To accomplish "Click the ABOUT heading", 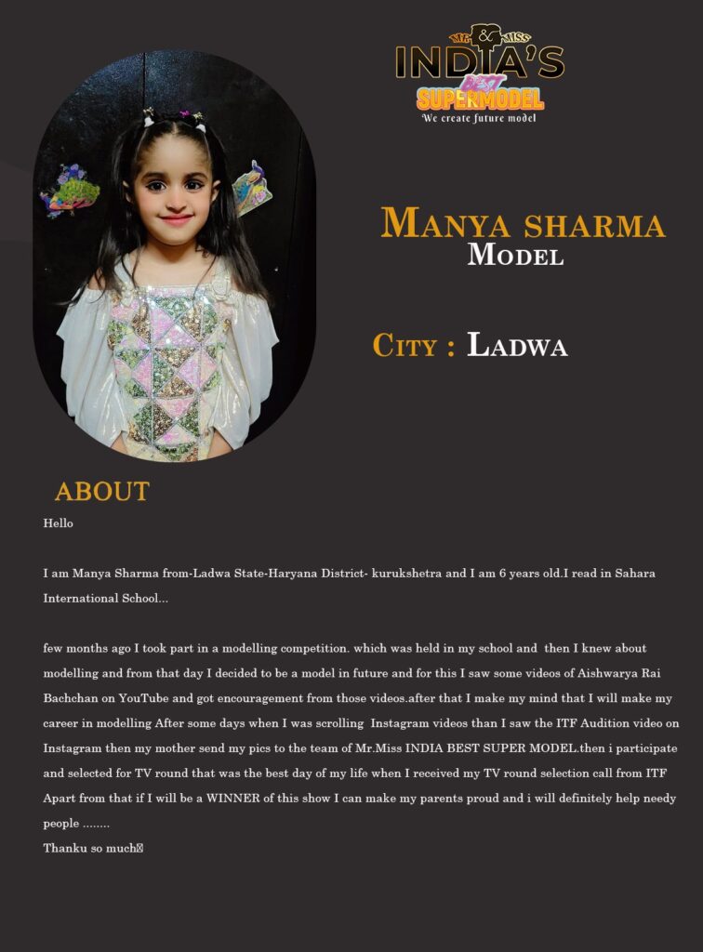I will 101,492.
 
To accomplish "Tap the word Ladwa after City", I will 517,345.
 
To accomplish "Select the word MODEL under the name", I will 515,254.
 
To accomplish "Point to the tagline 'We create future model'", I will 479,118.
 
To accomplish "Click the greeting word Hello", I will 58,523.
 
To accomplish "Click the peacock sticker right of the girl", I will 251,186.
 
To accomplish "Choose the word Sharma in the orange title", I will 594,224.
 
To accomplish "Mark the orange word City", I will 404,345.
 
